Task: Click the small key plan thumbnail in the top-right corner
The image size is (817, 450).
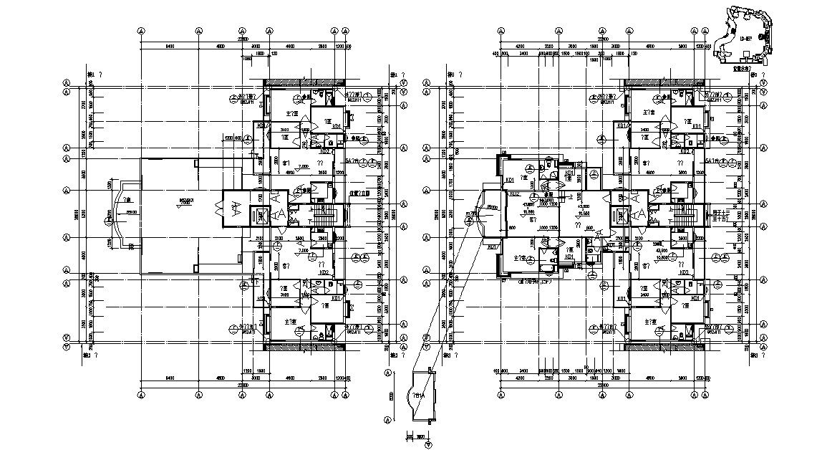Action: coord(749,32)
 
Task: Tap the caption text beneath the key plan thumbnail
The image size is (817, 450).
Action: coord(745,70)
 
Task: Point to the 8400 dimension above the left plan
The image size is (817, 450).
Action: coord(170,47)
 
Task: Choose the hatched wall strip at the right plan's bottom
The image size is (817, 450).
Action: coord(663,347)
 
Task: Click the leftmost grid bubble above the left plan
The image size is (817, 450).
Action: coord(140,32)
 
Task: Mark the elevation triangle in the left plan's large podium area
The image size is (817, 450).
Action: coord(178,206)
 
